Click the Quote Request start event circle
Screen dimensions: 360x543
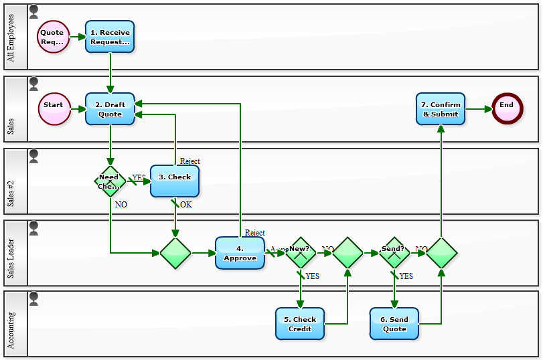(x=53, y=37)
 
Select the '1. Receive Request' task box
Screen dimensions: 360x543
(x=110, y=37)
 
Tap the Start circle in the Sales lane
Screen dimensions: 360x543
(x=54, y=109)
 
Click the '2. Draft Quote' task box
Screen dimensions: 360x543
(x=110, y=109)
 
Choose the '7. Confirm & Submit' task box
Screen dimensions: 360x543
(x=440, y=109)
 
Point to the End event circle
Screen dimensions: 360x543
(x=507, y=109)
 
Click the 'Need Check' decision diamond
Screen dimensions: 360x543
(x=110, y=181)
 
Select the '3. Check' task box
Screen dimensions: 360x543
(x=175, y=181)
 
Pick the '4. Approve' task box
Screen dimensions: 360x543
(x=240, y=253)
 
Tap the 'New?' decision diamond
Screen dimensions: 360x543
(x=300, y=253)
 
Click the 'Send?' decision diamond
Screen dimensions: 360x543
(x=394, y=253)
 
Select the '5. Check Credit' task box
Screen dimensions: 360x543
(x=300, y=324)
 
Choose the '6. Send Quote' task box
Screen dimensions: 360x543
(x=394, y=324)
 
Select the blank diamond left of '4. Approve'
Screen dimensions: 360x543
(x=175, y=253)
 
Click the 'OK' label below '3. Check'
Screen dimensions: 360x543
(x=185, y=205)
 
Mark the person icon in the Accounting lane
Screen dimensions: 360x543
(x=34, y=298)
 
